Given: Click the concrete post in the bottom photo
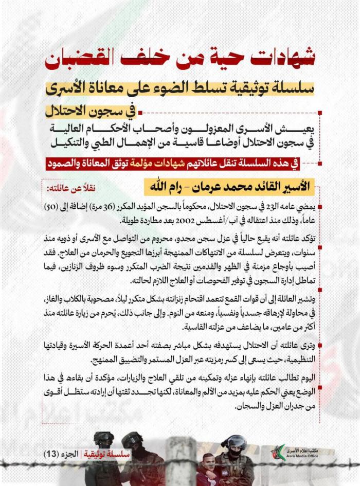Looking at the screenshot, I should [x=181, y=461].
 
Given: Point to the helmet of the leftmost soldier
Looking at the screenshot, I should [x=104, y=438].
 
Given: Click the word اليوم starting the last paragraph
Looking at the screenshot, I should [x=308, y=374].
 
